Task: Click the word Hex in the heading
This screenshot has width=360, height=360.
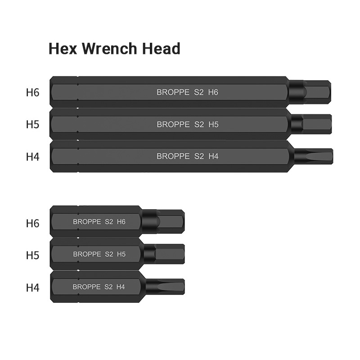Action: click(x=61, y=49)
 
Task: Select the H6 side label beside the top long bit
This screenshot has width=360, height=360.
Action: click(x=32, y=93)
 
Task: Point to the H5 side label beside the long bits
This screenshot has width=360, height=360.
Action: click(x=32, y=125)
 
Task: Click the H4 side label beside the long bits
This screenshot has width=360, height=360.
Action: click(x=32, y=157)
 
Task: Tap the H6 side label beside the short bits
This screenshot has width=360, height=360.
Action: click(x=32, y=223)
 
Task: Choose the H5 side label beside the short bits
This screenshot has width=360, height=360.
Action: click(x=32, y=255)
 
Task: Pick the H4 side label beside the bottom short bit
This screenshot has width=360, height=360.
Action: click(x=32, y=287)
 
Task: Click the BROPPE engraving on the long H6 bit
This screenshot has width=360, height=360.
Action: click(x=173, y=92)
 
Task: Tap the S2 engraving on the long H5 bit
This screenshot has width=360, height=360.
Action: click(x=199, y=125)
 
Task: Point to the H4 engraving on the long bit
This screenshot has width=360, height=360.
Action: click(x=213, y=157)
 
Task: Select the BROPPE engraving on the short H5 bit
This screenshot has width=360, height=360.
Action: click(x=87, y=254)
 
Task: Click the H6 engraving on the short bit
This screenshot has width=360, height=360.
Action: click(x=121, y=222)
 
